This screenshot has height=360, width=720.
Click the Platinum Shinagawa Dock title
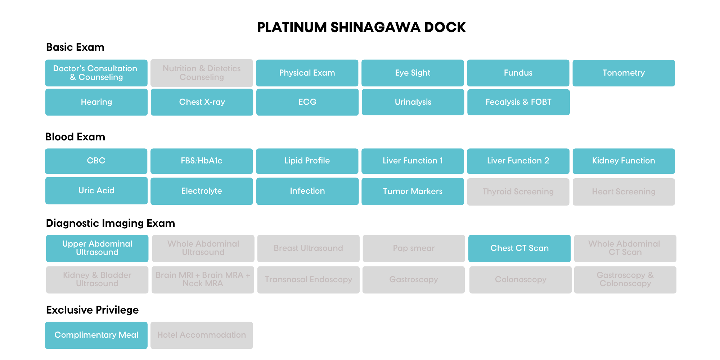(361, 27)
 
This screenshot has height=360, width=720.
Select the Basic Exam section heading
(75, 47)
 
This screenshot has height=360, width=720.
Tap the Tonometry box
(624, 73)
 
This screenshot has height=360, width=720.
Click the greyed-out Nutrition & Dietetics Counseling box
(202, 73)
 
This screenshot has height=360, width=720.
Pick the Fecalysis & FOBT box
(518, 102)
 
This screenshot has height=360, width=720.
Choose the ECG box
(307, 102)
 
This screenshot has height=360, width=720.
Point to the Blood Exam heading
(75, 137)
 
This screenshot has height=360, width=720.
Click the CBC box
(96, 161)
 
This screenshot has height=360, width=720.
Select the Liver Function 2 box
(518, 161)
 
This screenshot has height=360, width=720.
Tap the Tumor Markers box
(413, 192)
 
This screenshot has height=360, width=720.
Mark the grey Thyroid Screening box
(518, 192)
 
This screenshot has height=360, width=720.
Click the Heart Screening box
(624, 192)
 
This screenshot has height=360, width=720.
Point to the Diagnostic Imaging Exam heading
(111, 223)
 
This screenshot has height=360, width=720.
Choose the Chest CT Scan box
(519, 248)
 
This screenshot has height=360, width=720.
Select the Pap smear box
(414, 248)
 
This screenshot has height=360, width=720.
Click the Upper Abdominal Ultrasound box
(97, 248)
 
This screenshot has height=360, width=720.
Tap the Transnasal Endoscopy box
(309, 280)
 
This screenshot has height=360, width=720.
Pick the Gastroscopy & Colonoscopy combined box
(625, 280)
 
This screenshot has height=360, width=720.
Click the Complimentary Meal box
(96, 335)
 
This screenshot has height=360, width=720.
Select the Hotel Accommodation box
(202, 335)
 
